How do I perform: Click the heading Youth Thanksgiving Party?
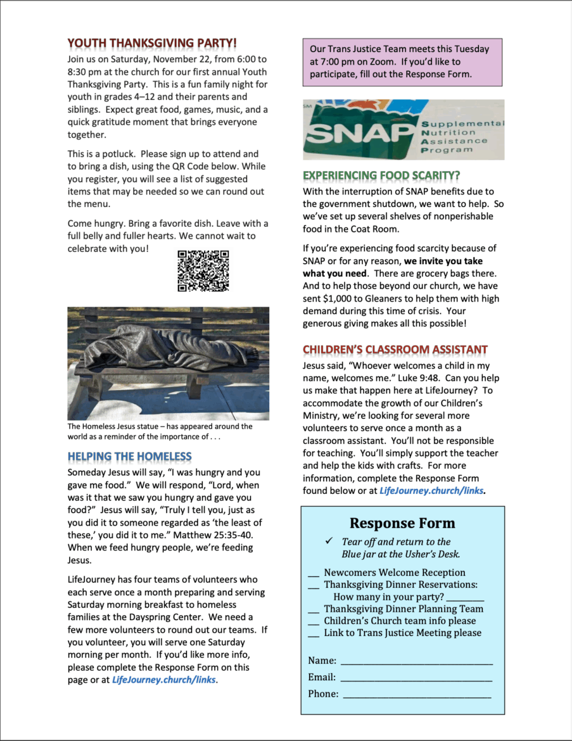152,44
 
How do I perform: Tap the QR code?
203,270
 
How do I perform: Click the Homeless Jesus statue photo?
168,363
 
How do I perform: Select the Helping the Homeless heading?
129,457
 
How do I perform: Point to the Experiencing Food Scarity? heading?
381,175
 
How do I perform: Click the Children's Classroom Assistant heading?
395,350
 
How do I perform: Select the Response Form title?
402,523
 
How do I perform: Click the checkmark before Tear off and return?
329,541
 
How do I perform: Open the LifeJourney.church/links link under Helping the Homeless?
164,680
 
